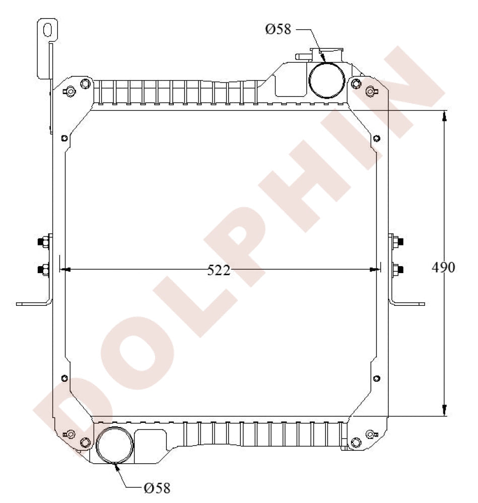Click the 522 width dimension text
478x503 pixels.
[x=219, y=271]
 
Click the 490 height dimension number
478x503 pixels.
[x=443, y=267]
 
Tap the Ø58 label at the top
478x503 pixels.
[x=279, y=29]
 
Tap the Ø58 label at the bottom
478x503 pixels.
[x=157, y=487]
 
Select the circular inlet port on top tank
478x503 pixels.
[x=326, y=80]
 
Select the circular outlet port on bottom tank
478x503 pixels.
[x=115, y=445]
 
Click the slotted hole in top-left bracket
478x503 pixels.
[x=48, y=30]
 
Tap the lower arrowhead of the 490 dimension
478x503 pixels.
[x=444, y=410]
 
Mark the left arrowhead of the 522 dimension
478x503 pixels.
[x=64, y=270]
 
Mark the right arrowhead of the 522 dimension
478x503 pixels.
[x=375, y=270]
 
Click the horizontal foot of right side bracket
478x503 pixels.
[x=409, y=304]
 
